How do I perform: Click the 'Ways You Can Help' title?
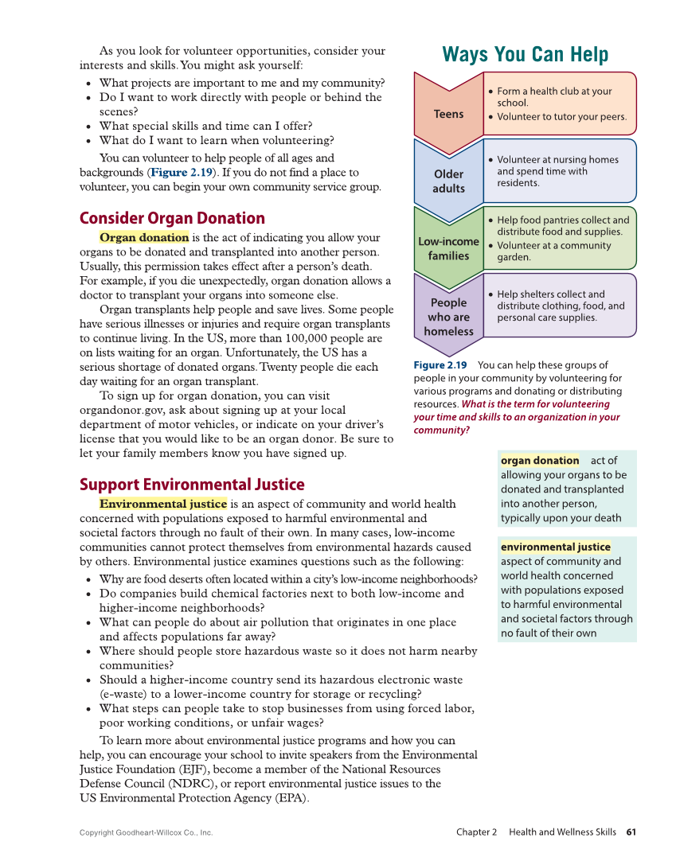tap(525, 55)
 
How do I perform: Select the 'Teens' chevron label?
tap(448, 114)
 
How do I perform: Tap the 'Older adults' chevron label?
tap(448, 181)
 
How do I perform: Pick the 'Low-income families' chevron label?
tap(448, 248)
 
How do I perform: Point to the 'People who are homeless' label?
tap(448, 317)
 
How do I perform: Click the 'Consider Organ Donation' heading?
tap(172, 218)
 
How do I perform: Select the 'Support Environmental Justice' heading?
tap(192, 484)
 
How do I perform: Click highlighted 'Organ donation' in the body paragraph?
tap(144, 237)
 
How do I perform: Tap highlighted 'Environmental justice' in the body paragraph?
tap(163, 504)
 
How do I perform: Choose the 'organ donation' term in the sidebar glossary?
tap(540, 461)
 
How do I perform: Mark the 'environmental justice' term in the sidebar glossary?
tap(556, 547)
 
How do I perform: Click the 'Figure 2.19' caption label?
tap(440, 365)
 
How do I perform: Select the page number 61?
tap(631, 832)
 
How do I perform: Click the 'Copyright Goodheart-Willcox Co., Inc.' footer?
tap(147, 833)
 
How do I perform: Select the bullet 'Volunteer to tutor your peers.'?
tap(561, 117)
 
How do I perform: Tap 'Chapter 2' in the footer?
tap(476, 832)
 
